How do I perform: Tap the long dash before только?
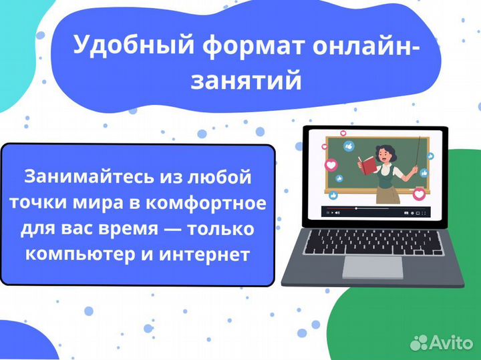coord(172,229)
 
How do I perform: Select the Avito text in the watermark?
coord(452,343)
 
